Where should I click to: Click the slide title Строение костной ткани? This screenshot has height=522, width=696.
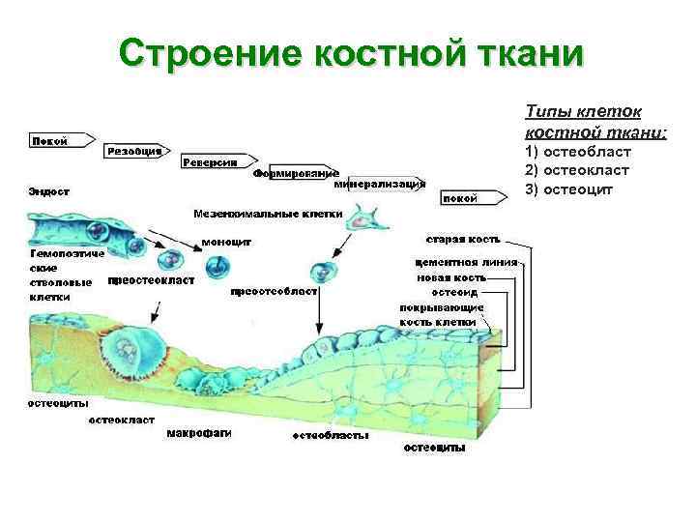tap(352, 54)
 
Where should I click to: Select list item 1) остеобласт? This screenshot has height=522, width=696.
tap(577, 152)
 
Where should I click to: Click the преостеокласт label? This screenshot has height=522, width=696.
tap(151, 280)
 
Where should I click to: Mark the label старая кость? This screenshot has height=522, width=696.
tap(463, 239)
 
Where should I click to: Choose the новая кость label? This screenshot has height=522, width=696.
tap(448, 276)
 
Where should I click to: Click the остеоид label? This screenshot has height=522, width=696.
tap(452, 291)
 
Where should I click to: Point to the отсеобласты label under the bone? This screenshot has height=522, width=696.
tap(330, 436)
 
